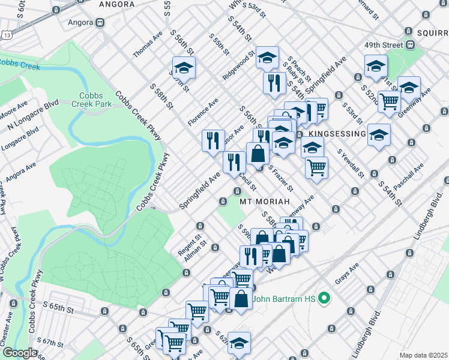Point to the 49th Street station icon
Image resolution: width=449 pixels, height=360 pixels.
tap(411, 45)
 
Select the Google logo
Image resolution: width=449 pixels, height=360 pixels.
tap(20, 353)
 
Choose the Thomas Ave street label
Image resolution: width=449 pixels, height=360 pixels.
tap(148, 45)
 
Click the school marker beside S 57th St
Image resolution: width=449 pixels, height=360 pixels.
tap(184, 67)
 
